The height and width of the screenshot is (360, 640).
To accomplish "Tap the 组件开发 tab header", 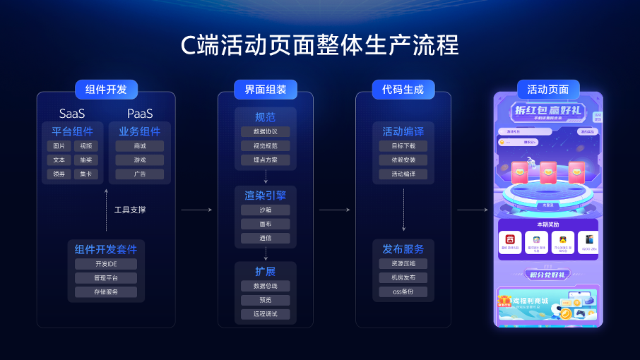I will point(106,90).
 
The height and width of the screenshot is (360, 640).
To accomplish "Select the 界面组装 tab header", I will point(266,90).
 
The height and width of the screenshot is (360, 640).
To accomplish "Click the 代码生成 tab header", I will point(403,90).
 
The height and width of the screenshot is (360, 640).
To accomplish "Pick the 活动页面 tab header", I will point(547,90).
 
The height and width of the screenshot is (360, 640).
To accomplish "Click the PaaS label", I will point(140,114).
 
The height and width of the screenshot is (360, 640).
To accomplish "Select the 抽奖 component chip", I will point(86,160).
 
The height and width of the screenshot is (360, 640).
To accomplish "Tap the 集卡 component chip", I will point(86,174).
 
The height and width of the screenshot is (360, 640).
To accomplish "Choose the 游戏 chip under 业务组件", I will point(139,160).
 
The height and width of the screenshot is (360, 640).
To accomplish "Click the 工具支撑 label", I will point(130,210).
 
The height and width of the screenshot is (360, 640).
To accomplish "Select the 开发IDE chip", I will point(106,264).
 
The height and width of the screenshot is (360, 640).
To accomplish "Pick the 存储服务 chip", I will point(106,292).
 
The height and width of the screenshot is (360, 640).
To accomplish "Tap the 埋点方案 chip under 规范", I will point(266,160).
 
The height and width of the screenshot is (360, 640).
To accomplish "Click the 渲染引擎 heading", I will point(266,194).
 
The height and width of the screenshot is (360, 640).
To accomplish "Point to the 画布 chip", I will point(266,224).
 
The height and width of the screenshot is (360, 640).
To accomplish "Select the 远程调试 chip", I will point(266,314).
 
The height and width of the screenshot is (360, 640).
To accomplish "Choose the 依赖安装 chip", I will point(403,160).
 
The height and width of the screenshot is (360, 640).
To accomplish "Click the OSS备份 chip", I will point(403,292).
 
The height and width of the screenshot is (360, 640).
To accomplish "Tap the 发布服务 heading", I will point(403,249).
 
